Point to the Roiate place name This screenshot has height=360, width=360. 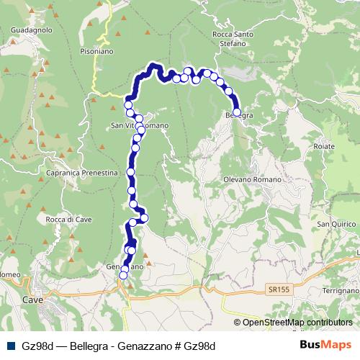(325, 146)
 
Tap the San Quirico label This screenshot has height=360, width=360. (333, 224)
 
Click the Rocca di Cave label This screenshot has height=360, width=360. (68, 219)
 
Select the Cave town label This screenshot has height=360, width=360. (32, 299)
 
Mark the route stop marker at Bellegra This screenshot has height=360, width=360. (237, 112)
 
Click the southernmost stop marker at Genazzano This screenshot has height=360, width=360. (122, 275)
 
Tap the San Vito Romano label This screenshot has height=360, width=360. (140, 125)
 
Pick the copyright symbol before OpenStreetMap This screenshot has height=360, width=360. (238, 322)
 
